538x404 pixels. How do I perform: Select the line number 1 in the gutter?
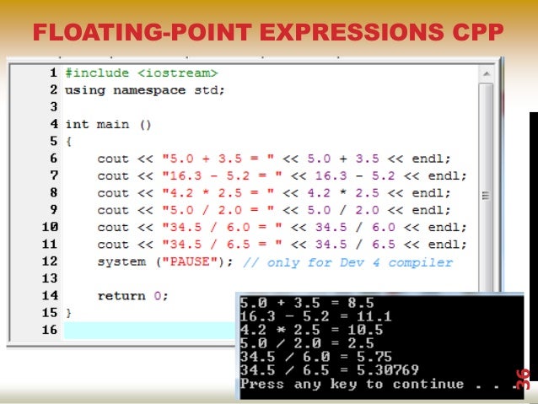pyautogui.click(x=53, y=73)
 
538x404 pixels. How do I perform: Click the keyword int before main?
pyautogui.click(x=77, y=124)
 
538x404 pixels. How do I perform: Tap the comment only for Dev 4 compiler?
pyautogui.click(x=347, y=261)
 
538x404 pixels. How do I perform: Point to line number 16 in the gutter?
pyautogui.click(x=50, y=330)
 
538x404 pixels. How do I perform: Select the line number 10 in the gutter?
pyautogui.click(x=50, y=227)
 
